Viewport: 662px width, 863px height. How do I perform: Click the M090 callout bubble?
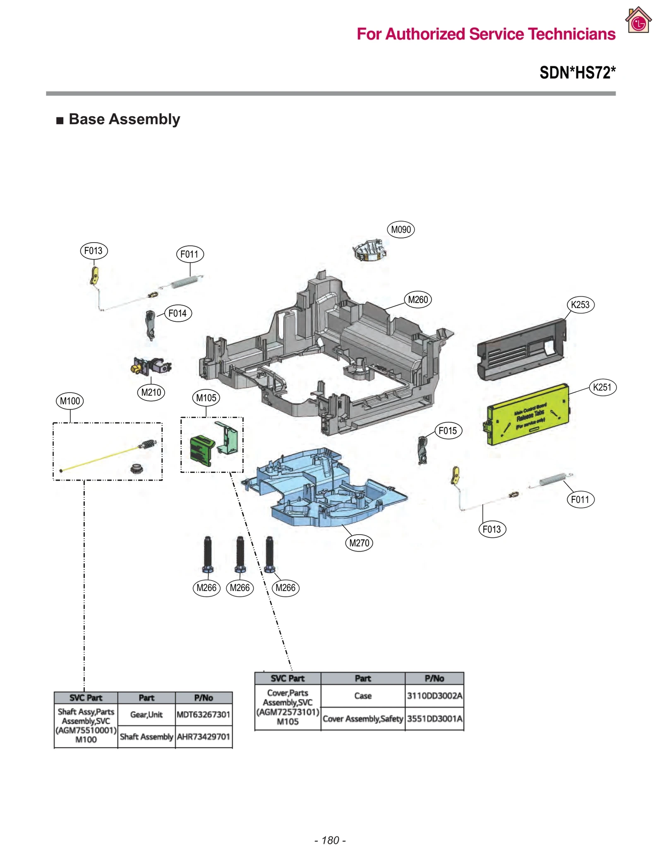tap(401, 229)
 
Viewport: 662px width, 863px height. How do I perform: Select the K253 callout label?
tap(580, 305)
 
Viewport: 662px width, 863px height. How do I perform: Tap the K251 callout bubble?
tap(602, 387)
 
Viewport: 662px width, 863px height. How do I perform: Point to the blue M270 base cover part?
tap(323, 489)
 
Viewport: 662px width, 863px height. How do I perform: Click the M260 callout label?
tap(418, 299)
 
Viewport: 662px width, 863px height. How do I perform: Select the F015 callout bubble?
tap(448, 431)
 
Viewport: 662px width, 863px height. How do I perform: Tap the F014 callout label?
tap(177, 313)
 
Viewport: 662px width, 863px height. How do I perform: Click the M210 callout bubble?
tap(151, 392)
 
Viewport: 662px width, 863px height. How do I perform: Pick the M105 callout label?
tap(206, 398)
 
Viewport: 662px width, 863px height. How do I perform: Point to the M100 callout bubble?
tap(70, 401)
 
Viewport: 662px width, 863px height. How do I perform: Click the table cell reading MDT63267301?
tap(203, 714)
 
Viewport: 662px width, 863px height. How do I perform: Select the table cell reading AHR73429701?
tap(203, 737)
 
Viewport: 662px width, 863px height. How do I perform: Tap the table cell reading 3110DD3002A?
tap(434, 696)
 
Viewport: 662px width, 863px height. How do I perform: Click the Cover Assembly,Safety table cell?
tap(362, 719)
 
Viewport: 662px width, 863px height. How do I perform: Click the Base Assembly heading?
tap(124, 119)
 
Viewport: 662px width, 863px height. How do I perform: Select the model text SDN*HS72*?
tap(577, 72)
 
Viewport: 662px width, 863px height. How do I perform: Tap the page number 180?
tap(330, 840)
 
